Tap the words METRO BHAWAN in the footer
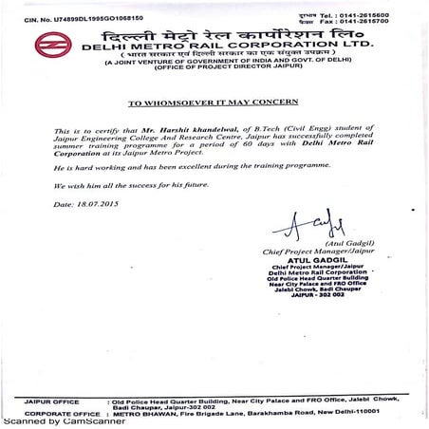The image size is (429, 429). click(x=140, y=414)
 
